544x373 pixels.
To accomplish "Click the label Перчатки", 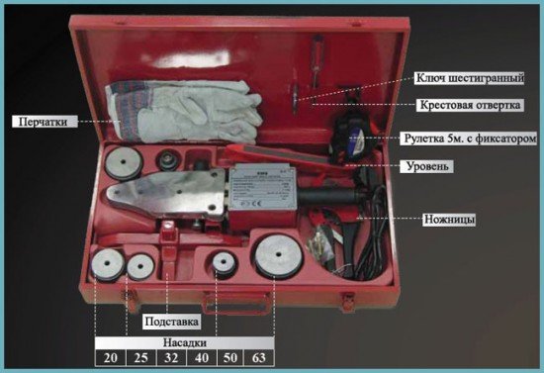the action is click(x=45, y=122).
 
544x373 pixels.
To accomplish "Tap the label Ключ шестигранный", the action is click(x=470, y=78).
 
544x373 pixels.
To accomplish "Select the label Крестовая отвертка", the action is click(x=470, y=105).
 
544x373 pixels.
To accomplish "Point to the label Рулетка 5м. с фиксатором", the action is click(x=470, y=139).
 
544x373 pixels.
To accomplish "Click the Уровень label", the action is click(x=427, y=166).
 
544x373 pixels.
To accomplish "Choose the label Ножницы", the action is click(x=449, y=220).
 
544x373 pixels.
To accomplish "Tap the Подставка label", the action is click(x=172, y=322).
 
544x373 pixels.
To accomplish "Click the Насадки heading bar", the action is click(x=185, y=342).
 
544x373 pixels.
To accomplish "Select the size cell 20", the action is click(x=111, y=357).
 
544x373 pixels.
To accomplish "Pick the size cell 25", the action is click(x=140, y=357).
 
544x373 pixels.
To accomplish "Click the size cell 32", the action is click(x=171, y=357).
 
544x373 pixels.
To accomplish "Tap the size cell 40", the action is click(x=202, y=357).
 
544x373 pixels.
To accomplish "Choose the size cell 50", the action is click(x=230, y=357).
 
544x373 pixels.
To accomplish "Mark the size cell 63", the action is click(x=259, y=357).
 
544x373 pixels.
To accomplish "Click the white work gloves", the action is click(x=184, y=112).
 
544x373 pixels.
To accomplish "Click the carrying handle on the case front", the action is click(x=237, y=303).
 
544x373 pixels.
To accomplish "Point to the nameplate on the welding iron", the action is click(x=262, y=187).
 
